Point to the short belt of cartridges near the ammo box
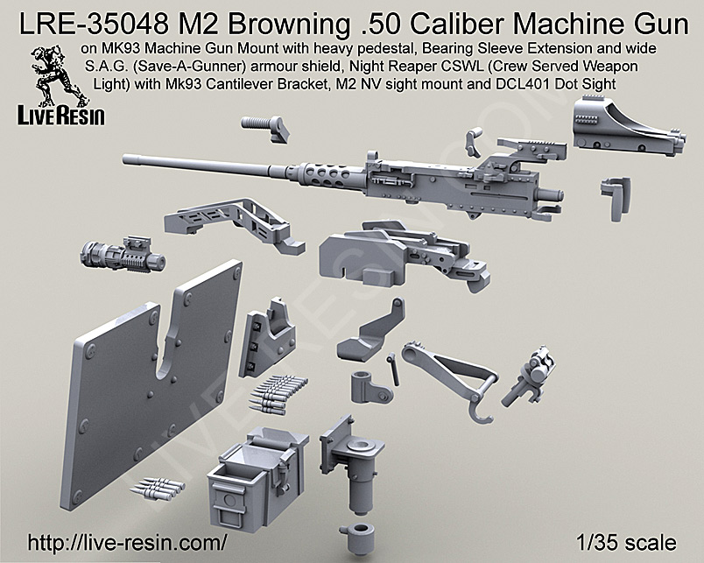(158, 483)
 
